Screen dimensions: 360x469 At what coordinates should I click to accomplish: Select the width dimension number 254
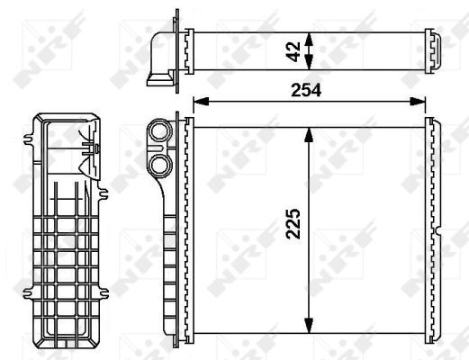click(x=308, y=90)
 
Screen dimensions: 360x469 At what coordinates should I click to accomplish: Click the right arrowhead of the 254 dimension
click(x=420, y=101)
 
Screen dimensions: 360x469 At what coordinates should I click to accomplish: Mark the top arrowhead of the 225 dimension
click(x=310, y=131)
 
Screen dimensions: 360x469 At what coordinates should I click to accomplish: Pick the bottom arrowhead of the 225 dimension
click(x=310, y=326)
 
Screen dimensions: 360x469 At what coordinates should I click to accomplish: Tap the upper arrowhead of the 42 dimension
click(x=310, y=36)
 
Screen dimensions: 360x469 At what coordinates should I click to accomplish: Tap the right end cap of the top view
click(x=436, y=49)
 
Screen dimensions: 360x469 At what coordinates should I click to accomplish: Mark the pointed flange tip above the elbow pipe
click(x=175, y=14)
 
